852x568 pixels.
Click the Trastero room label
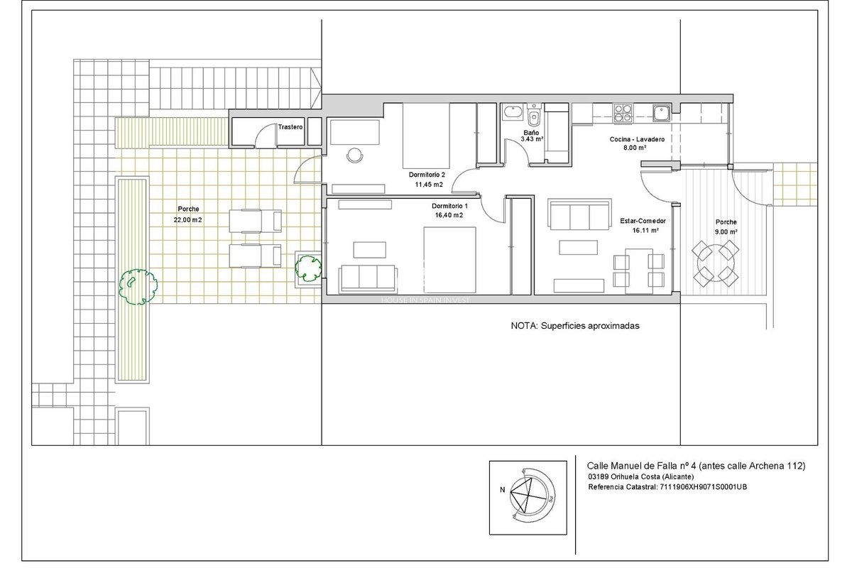[290, 127]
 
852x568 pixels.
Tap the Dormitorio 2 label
[427, 175]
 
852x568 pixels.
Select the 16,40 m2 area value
[449, 215]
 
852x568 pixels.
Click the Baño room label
[531, 132]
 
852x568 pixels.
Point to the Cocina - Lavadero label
[637, 139]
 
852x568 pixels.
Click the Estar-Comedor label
[643, 221]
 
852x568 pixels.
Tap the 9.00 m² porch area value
[726, 231]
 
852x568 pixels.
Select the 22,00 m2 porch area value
[188, 220]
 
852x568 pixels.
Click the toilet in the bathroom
[534, 115]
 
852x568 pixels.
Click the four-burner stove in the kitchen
[623, 114]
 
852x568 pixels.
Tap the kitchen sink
[662, 113]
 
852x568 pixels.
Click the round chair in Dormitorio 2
[355, 155]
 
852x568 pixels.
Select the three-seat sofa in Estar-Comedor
[579, 214]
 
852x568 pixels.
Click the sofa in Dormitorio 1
[368, 278]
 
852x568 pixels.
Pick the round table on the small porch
[715, 263]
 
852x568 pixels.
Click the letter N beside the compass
[503, 490]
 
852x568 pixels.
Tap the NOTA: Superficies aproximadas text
[575, 326]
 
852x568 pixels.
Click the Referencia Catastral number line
[667, 486]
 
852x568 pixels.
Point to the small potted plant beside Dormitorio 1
[308, 268]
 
